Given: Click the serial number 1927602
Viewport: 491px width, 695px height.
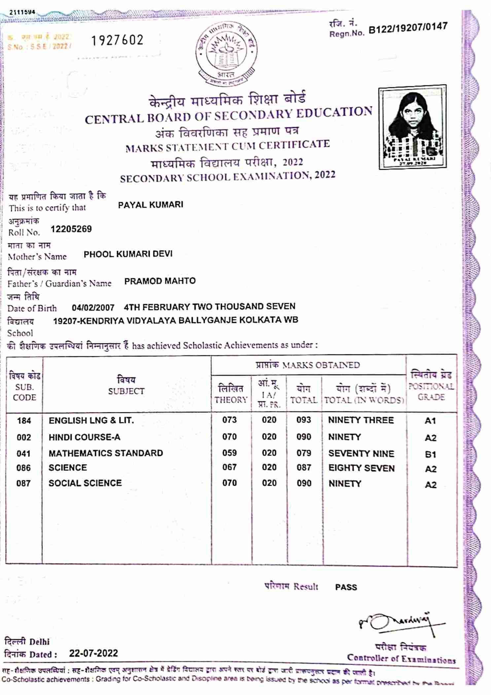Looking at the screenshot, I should [117, 40].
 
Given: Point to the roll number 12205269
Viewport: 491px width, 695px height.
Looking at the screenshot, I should [71, 229].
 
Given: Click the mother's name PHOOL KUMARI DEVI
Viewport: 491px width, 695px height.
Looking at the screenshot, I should [128, 254].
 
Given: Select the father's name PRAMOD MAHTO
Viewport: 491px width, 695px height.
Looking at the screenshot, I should [160, 281].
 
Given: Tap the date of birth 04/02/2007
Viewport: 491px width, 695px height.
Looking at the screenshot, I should [93, 308].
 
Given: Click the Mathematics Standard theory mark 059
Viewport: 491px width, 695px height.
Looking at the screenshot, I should [229, 453].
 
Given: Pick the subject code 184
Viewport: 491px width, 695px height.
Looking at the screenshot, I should [24, 421].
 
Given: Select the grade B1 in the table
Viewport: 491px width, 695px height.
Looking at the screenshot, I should [431, 454].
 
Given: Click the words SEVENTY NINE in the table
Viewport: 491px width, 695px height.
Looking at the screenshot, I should [361, 454].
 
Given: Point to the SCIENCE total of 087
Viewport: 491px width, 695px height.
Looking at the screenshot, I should [303, 468].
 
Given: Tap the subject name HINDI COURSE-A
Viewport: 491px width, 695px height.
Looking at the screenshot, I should [85, 437].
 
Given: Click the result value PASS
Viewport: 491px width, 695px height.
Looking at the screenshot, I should [346, 587].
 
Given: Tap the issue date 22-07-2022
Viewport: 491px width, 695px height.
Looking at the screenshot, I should [93, 653].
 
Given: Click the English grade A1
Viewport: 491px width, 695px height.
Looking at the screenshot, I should [430, 421].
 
